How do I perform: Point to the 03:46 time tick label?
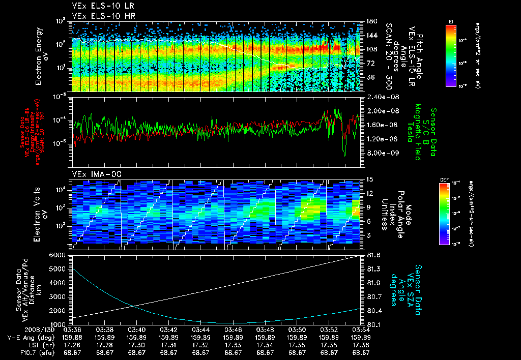click(233, 329)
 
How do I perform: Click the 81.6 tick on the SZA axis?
click(374, 255)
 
